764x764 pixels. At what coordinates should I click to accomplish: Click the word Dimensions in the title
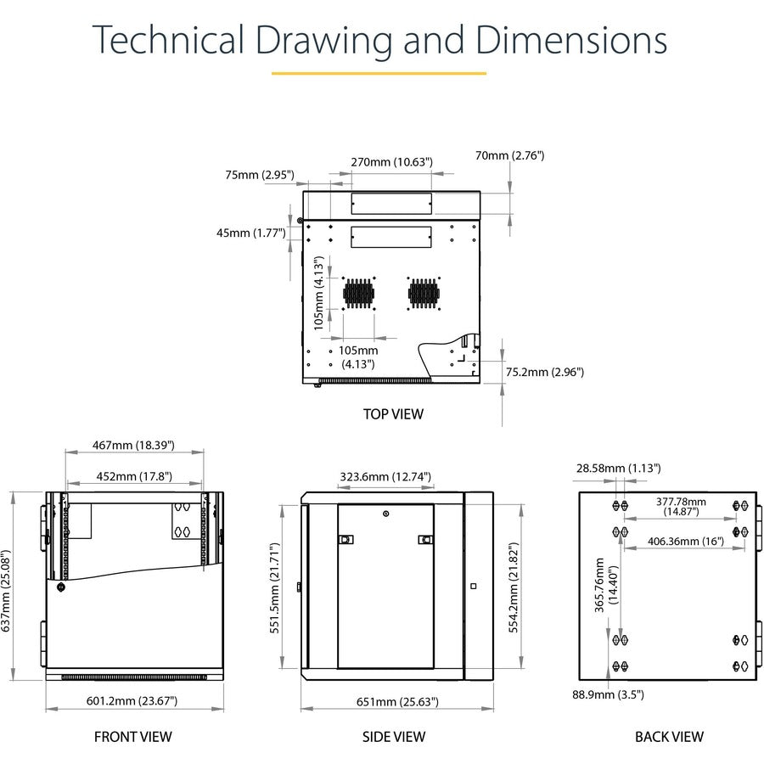(x=571, y=40)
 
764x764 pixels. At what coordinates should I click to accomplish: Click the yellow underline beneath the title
(x=379, y=74)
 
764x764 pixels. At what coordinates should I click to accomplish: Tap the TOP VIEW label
(x=393, y=414)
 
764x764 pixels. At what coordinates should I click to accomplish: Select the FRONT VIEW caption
(x=133, y=737)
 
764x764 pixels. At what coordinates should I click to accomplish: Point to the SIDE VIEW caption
(x=394, y=737)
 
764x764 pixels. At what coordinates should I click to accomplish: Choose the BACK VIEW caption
(x=670, y=737)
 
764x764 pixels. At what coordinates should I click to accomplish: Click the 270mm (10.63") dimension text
(x=391, y=162)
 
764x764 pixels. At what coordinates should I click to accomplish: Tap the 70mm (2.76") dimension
(x=509, y=155)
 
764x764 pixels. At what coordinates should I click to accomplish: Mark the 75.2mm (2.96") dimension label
(x=545, y=373)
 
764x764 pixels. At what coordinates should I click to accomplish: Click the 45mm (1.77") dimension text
(x=251, y=233)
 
